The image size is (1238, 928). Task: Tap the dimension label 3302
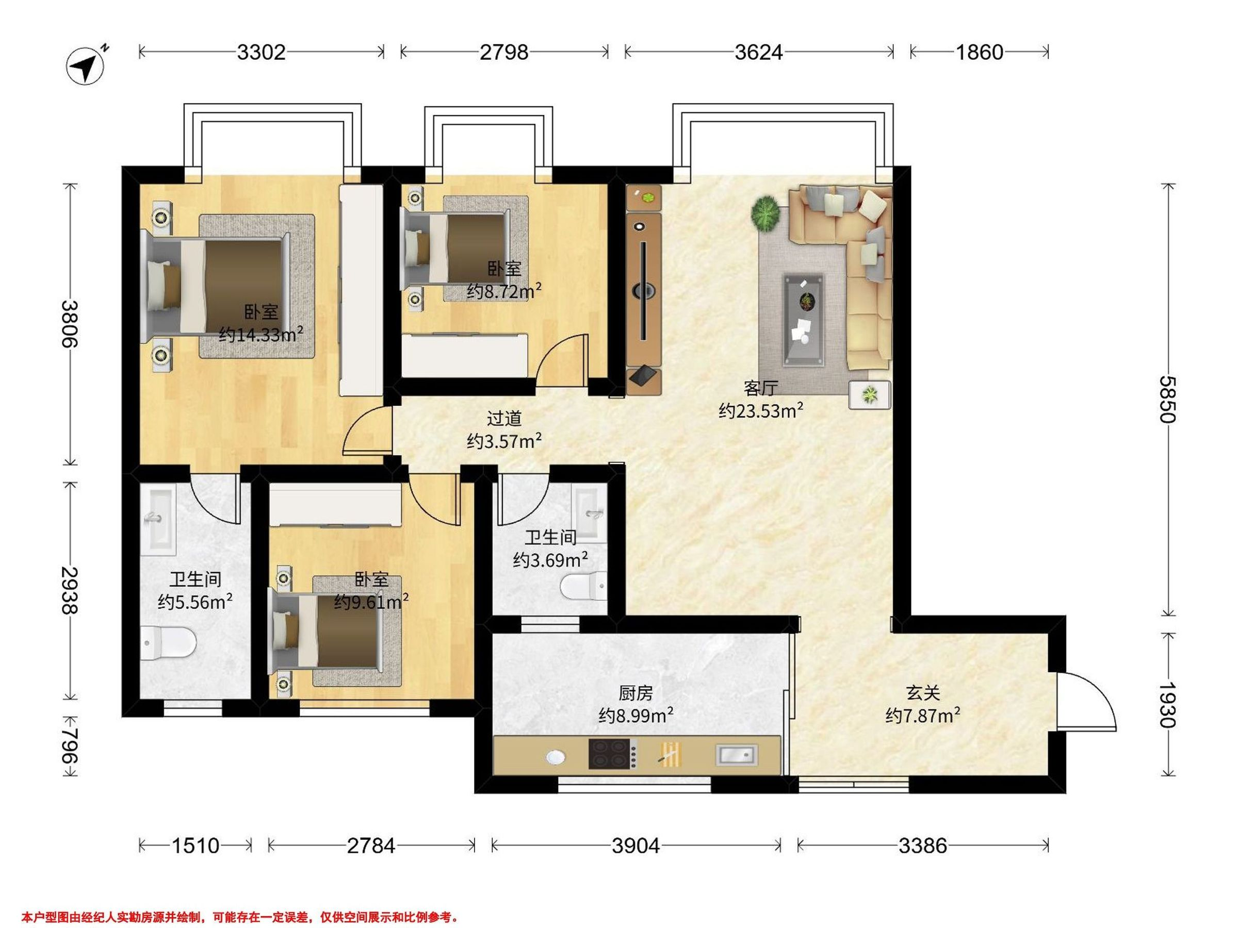262,52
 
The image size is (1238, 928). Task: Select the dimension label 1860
980,52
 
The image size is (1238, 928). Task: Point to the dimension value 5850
1168,400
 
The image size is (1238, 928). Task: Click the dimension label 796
70,746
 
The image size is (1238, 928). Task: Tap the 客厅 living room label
761,388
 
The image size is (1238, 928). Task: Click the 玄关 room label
923,693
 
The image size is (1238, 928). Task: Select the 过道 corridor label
504,419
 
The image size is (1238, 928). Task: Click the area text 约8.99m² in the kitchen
636,715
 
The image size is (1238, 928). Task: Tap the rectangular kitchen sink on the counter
736,755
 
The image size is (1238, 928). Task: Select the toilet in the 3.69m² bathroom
584,586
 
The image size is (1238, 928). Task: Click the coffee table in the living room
804,320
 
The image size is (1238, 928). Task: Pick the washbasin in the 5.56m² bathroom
158,519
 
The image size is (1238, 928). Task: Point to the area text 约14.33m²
262,335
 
